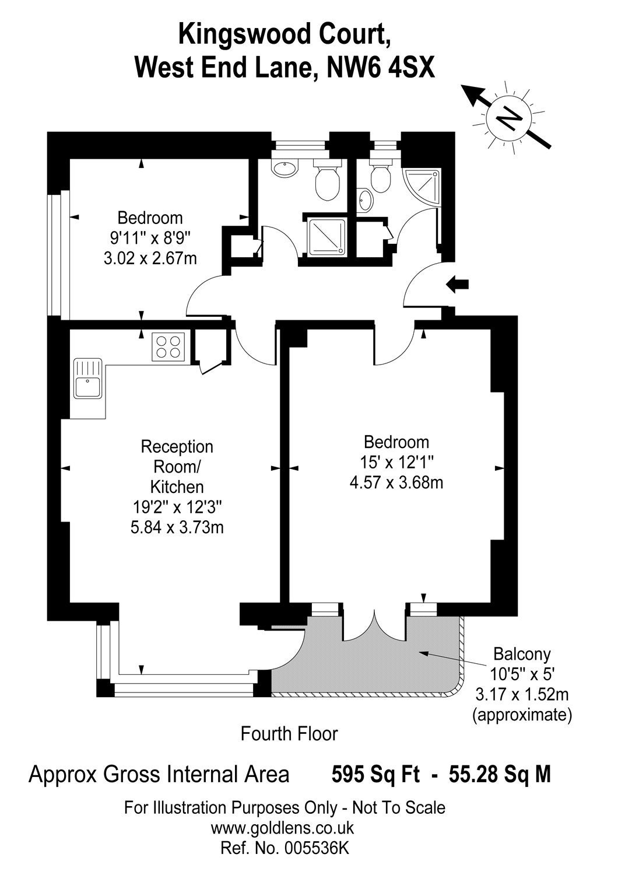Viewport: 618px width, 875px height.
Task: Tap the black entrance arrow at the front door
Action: [457, 285]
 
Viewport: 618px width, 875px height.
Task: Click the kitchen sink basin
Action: [88, 387]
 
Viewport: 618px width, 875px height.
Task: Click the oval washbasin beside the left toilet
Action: [285, 169]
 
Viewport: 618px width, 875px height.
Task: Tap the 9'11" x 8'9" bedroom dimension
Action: [150, 238]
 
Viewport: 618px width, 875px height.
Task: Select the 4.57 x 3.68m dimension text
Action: [396, 483]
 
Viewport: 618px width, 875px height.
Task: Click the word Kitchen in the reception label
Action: [177, 487]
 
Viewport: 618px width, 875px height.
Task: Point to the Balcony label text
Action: [522, 653]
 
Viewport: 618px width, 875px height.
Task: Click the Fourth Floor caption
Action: [289, 734]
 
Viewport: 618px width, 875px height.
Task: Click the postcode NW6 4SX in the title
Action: [381, 67]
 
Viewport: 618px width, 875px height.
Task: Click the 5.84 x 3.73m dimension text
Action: [177, 527]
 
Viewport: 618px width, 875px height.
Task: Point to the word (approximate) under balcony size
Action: [522, 715]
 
